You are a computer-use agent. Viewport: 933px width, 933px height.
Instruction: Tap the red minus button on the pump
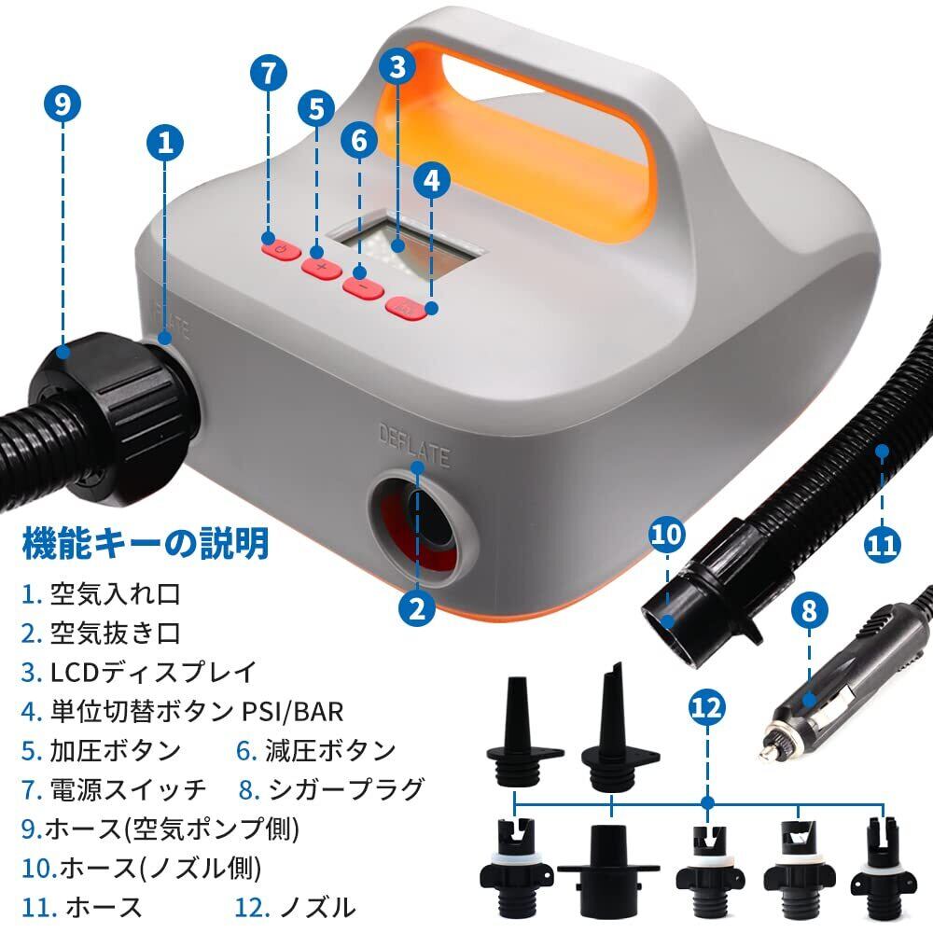click(362, 287)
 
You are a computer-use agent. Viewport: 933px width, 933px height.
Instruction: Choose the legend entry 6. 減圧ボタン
click(315, 750)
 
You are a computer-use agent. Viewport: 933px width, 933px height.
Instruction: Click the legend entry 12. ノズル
click(295, 906)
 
